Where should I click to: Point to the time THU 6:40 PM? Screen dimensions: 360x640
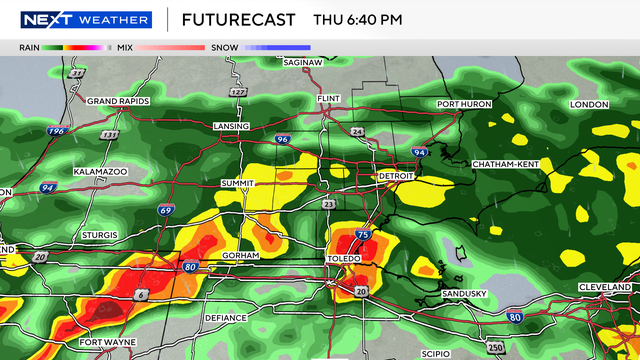[x=357, y=19]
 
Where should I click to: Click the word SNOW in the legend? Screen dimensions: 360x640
[x=222, y=47]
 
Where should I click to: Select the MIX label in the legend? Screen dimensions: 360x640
[x=125, y=47]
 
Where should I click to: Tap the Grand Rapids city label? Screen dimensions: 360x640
[x=119, y=101]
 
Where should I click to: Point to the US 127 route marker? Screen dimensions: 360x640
[x=237, y=93]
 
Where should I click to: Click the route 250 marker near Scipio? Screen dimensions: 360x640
[x=493, y=347]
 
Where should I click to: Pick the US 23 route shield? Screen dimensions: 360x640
[x=329, y=204]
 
